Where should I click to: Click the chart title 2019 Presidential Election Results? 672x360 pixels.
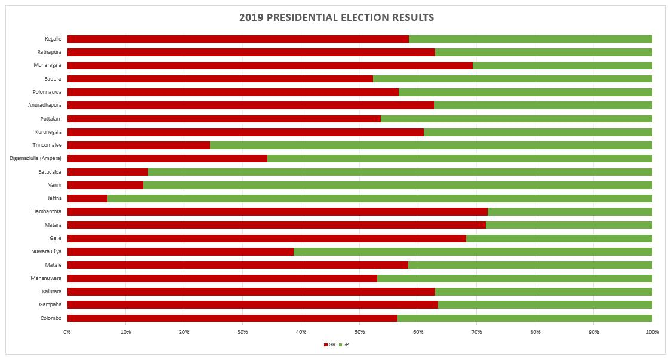[x=337, y=17]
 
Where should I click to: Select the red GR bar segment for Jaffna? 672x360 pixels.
[x=87, y=198]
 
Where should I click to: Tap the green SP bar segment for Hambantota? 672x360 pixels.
[x=570, y=212]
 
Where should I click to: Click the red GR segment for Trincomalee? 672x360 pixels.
[x=139, y=145]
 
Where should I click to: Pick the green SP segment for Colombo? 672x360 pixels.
[x=525, y=318]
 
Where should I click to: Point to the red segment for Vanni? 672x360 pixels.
[x=106, y=185]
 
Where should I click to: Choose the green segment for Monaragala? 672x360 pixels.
[x=563, y=66]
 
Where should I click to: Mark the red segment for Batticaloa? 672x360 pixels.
[x=107, y=172]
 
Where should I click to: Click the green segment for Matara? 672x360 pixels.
[x=569, y=225]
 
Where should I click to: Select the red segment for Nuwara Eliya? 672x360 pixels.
[x=180, y=251]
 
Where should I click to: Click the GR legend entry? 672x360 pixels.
[x=329, y=344]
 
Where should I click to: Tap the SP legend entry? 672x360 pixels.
[x=344, y=344]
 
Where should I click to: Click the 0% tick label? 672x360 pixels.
[x=67, y=332]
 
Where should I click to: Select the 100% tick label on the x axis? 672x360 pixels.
[x=652, y=332]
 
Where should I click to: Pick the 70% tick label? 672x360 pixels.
[x=477, y=332]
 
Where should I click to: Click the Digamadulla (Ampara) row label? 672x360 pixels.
[x=36, y=159]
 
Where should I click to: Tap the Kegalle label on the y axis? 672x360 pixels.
[x=53, y=39]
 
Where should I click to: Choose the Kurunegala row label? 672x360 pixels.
[x=48, y=132]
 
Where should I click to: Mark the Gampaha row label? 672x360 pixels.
[x=51, y=304]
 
